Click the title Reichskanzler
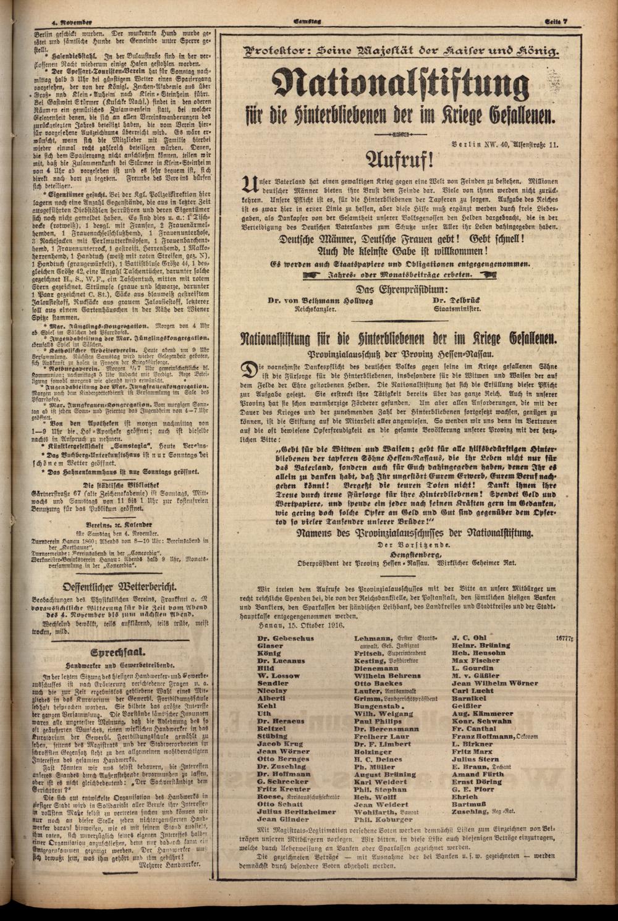pyautogui.click(x=315, y=308)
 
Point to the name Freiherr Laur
pyautogui.click(x=383, y=736)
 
